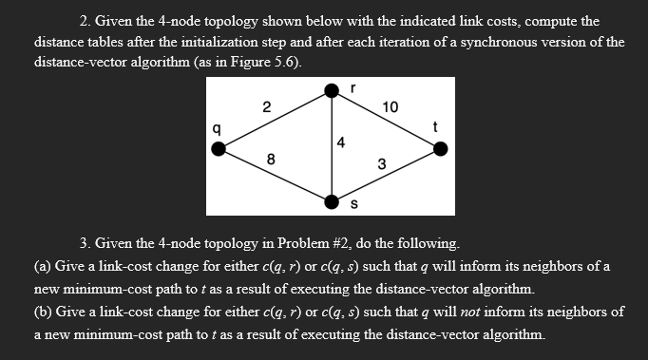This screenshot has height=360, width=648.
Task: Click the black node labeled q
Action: (219, 147)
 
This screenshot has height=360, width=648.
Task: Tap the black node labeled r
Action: (332, 90)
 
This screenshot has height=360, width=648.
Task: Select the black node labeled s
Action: (332, 201)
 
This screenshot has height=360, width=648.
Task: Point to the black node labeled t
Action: (440, 147)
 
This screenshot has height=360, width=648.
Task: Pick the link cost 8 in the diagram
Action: (272, 161)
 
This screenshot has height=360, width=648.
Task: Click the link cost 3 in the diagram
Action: (381, 163)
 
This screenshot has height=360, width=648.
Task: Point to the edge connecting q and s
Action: (276, 175)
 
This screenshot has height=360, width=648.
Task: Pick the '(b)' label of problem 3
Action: (45, 312)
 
